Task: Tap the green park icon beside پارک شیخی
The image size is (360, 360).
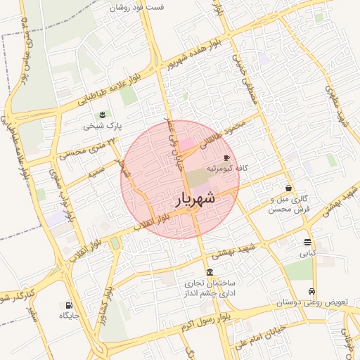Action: coord(103,115)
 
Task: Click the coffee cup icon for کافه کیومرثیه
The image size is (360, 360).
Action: coord(226,157)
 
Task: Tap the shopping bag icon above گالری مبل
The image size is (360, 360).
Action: coord(289,188)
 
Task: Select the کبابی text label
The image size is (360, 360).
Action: coord(309,252)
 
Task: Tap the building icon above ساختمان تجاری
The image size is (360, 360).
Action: coord(210,272)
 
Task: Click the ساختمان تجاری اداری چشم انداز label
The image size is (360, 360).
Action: coord(210,288)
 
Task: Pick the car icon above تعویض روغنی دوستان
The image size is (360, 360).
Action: coord(311,291)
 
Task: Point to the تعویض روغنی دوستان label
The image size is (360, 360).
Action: coord(311,302)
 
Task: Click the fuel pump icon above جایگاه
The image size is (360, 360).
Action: coord(69,305)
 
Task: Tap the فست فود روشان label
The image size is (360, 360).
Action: coord(137,7)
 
